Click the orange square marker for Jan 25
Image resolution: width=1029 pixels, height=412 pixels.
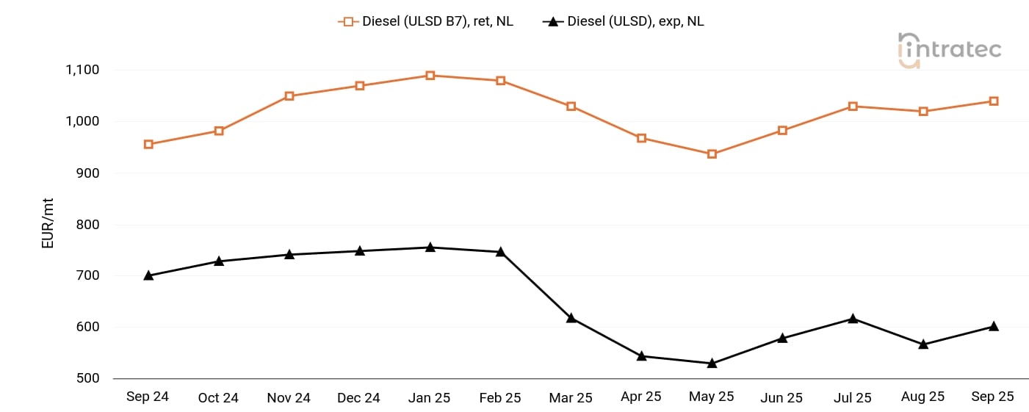tap(430, 76)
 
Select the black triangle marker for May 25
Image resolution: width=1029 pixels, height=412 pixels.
tap(712, 363)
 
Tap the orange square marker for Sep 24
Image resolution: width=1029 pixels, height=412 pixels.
tap(148, 145)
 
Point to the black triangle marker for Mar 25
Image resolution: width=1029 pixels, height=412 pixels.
tap(571, 318)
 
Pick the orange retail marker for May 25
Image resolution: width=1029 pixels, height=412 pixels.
tap(712, 154)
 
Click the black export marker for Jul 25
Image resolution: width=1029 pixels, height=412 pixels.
tap(853, 318)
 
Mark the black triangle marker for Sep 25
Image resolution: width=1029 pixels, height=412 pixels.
tap(994, 326)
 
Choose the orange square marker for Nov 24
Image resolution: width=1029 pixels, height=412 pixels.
tap(289, 96)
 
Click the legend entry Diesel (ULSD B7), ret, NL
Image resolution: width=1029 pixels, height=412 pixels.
tap(426, 21)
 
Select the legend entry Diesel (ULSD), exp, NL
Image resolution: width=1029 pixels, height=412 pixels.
tap(624, 21)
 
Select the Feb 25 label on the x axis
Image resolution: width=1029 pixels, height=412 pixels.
tap(500, 397)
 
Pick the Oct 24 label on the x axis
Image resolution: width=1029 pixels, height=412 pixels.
tap(218, 397)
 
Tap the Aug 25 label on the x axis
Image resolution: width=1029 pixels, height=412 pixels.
tap(923, 397)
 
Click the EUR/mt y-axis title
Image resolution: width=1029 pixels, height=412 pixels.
tap(48, 225)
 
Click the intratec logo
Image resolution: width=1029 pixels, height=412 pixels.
tap(949, 50)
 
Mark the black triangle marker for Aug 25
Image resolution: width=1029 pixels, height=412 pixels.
tap(923, 344)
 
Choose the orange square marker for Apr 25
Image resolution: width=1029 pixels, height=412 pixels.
tap(641, 138)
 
